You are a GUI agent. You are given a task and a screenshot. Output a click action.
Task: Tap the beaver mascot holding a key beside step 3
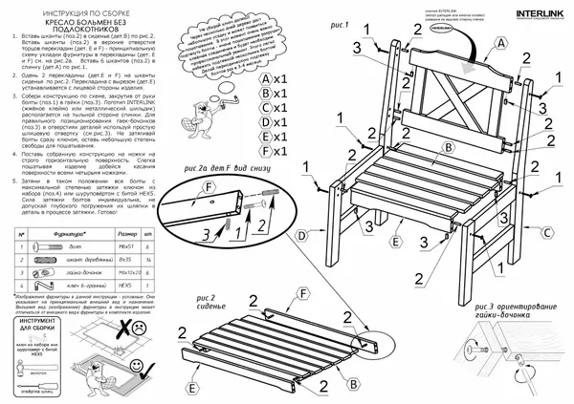[x=223, y=106]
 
